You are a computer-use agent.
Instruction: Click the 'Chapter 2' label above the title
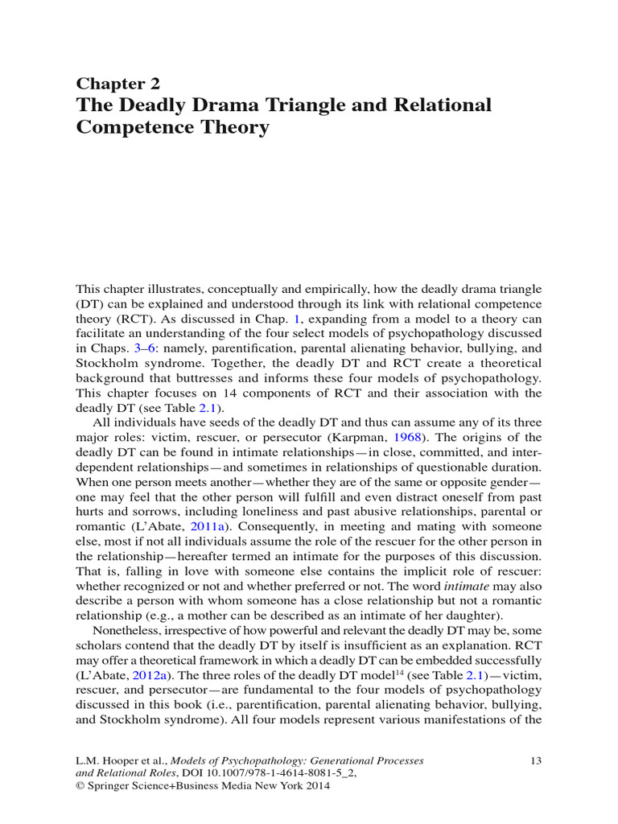coord(117,84)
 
